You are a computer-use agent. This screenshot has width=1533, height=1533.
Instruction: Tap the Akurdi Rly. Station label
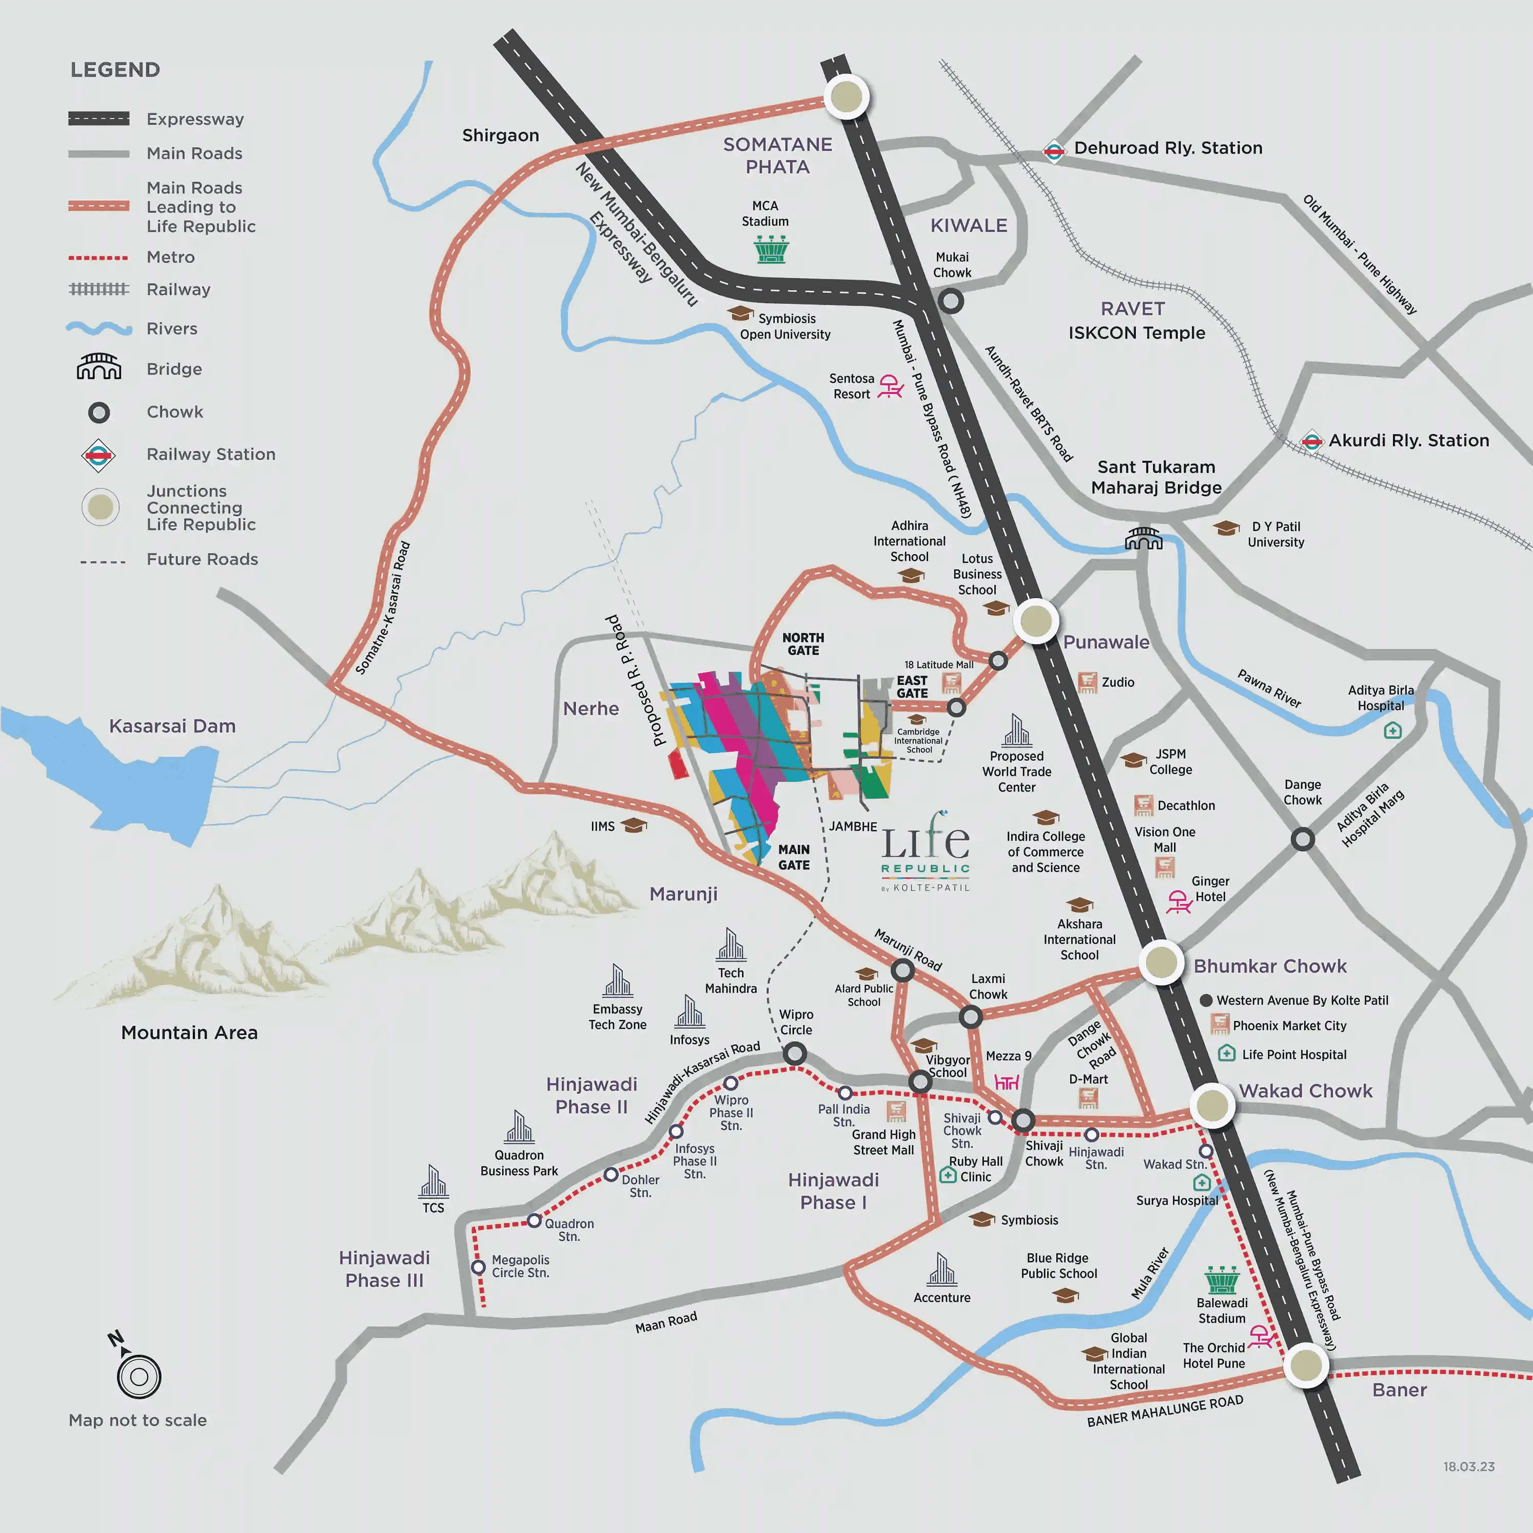(1408, 440)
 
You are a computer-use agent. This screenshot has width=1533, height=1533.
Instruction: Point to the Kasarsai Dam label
(172, 726)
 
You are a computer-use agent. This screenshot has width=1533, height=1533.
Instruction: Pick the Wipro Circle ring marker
(794, 1054)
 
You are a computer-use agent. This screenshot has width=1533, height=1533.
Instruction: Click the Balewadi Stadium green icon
(1221, 1280)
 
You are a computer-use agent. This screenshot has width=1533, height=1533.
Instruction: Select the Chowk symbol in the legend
(99, 412)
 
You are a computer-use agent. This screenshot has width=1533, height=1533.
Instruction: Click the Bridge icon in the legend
(99, 367)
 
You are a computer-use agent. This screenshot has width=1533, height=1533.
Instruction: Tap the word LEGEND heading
(115, 70)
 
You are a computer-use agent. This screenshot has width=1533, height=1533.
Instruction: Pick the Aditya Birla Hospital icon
(1392, 730)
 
